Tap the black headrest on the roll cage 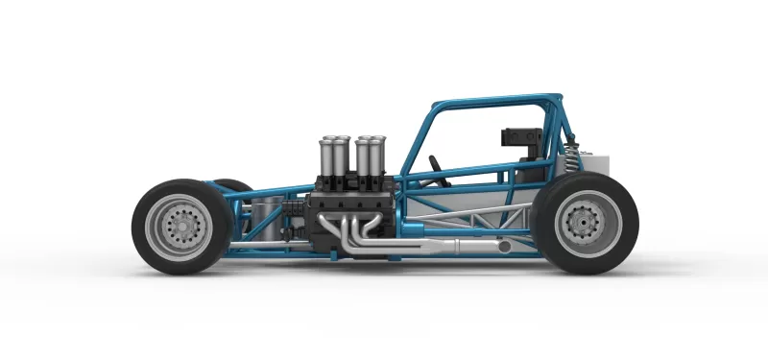click(517, 135)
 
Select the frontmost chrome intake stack click(329, 155)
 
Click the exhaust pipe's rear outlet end click(504, 248)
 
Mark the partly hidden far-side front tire click(230, 184)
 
